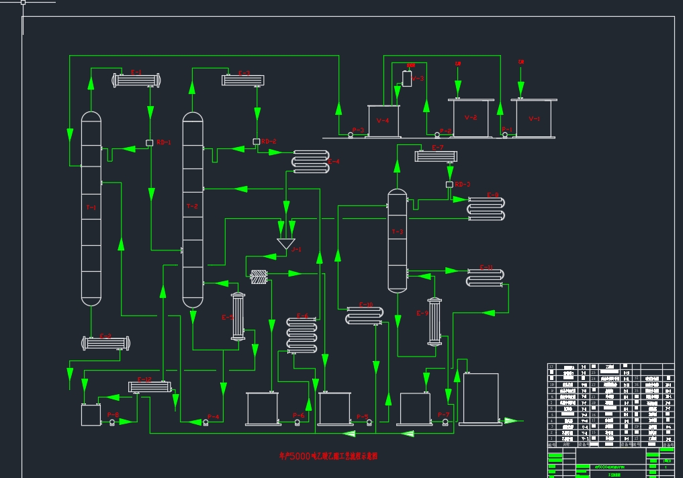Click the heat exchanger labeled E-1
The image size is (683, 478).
[138, 80]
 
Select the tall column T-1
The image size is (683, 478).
[91, 208]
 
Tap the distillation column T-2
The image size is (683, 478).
[193, 208]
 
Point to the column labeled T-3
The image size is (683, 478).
[398, 240]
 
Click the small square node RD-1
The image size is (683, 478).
[150, 142]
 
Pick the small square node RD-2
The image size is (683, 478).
[257, 142]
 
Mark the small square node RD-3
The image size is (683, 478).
[449, 185]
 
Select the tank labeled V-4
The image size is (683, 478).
[383, 121]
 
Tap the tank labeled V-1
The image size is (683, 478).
[534, 119]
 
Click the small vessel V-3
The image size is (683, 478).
[407, 79]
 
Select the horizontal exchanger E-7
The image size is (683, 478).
[436, 156]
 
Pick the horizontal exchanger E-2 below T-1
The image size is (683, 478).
[106, 343]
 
